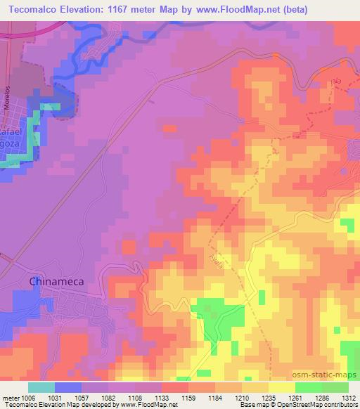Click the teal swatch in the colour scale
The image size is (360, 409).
point(41,387)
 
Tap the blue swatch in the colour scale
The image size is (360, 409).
point(68,387)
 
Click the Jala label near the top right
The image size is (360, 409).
point(335,82)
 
